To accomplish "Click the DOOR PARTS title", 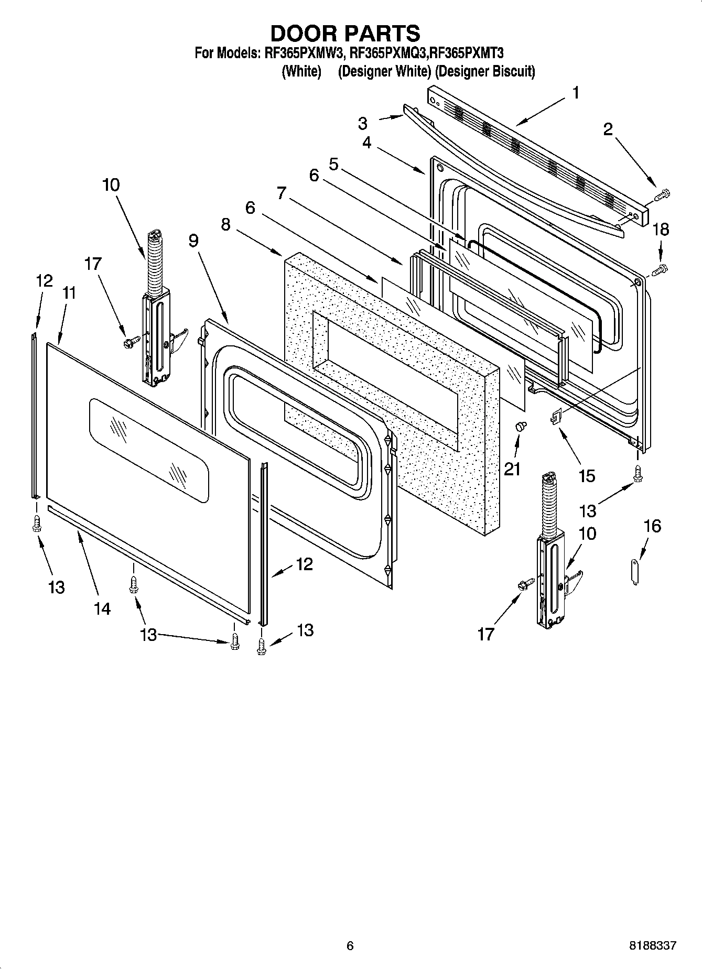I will (345, 33).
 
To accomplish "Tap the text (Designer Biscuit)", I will (485, 71).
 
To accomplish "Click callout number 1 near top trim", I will (576, 93).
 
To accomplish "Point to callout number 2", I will (608, 129).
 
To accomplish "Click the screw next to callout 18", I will (660, 270).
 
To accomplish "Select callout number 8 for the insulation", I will (226, 224).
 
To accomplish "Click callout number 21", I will (512, 469).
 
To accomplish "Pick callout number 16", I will (652, 526).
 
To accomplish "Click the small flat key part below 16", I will (634, 572).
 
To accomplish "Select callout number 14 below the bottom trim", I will (102, 608).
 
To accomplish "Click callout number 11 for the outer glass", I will (69, 293).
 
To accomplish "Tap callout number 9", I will (193, 241).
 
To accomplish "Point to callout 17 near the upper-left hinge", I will (93, 264).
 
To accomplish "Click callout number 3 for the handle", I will (363, 124).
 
